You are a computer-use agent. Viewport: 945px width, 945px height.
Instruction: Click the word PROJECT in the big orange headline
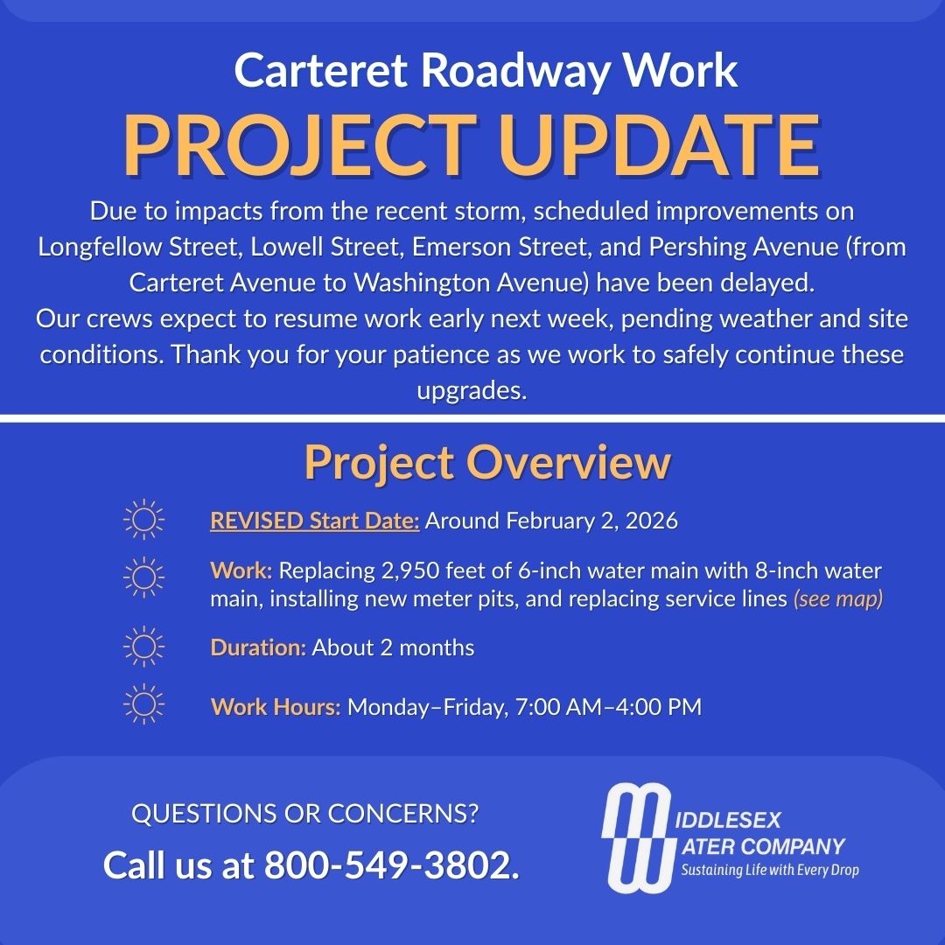(299, 144)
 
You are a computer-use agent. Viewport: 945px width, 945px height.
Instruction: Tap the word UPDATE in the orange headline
(659, 144)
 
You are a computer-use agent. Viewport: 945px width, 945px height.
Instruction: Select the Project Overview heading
(487, 463)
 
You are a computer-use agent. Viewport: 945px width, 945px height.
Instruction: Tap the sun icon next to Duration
(144, 647)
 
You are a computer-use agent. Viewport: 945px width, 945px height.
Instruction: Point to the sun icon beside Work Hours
(144, 706)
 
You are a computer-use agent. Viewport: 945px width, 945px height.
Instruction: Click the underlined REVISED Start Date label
(315, 521)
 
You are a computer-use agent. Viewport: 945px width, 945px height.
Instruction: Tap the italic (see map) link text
(837, 599)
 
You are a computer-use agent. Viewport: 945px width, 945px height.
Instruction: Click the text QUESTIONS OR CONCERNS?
(304, 814)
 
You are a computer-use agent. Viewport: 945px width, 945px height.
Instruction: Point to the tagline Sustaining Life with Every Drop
(770, 870)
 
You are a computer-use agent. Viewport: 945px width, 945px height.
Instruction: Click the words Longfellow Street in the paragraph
(140, 247)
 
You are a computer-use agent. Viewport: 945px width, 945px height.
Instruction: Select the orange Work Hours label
(276, 706)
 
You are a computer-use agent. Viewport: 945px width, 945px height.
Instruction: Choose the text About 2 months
(393, 647)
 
